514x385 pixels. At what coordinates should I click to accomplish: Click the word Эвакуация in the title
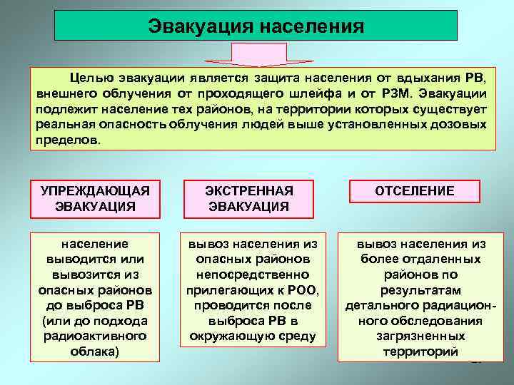click(199, 26)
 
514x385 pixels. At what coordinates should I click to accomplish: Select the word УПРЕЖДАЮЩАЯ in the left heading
click(95, 191)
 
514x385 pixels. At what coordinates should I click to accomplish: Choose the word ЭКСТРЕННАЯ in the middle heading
click(249, 191)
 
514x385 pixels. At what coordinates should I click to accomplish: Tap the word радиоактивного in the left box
click(95, 336)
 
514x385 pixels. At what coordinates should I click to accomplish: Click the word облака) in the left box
click(95, 351)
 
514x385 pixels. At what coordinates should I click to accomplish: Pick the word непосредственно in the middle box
click(249, 274)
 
